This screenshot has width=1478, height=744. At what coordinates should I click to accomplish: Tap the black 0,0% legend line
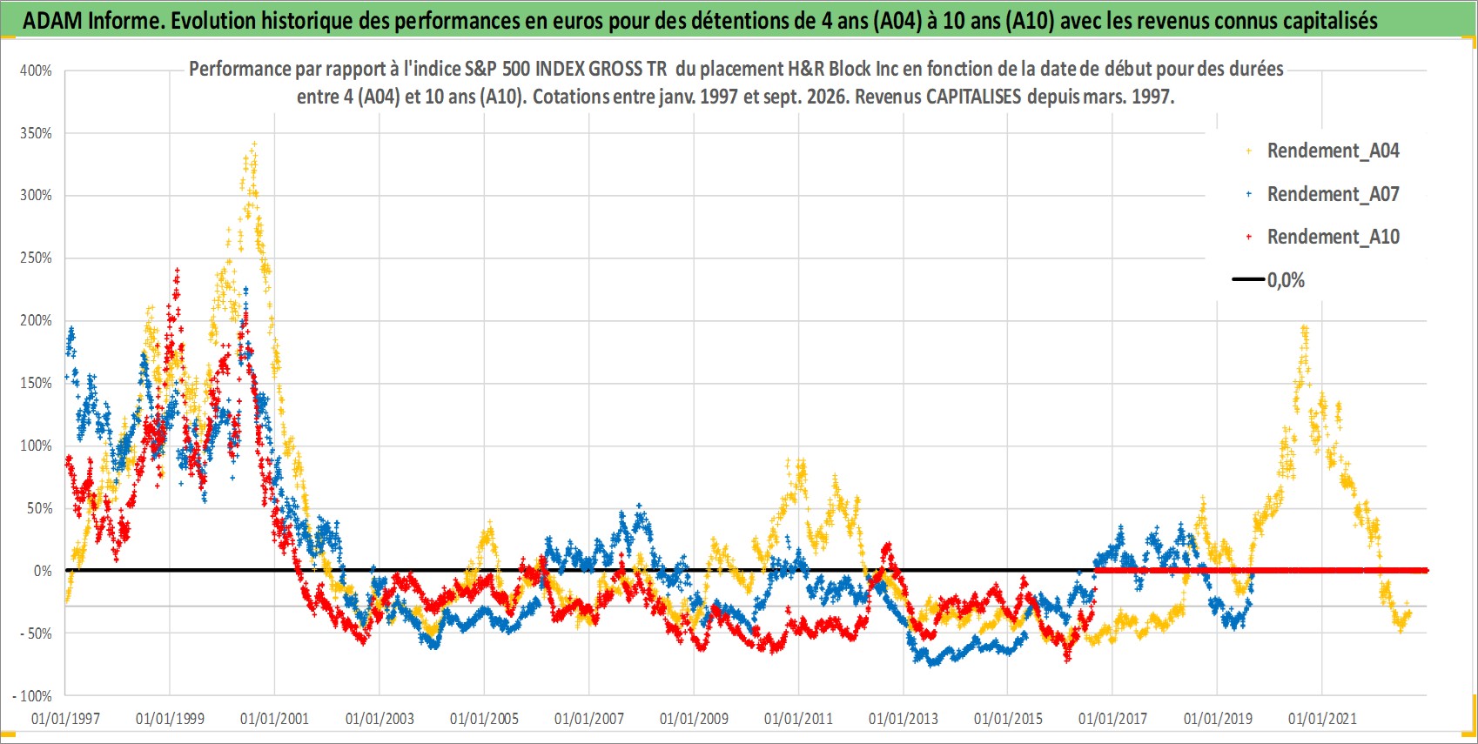tap(1247, 279)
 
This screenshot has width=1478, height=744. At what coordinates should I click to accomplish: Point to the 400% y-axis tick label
tap(36, 70)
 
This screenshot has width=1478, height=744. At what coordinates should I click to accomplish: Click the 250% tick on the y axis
tap(36, 258)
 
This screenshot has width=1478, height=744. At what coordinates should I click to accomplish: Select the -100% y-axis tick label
tap(31, 696)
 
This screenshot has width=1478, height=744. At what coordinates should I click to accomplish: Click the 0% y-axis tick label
tap(43, 571)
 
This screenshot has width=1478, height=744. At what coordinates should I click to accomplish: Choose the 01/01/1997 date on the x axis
tap(65, 719)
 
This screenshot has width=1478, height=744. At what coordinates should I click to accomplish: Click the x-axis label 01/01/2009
tap(694, 719)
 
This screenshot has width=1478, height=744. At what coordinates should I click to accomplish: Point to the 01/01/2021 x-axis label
tap(1322, 719)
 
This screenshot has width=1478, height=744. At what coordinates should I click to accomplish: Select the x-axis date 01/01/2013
tap(904, 719)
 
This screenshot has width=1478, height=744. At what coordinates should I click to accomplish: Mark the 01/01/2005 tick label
tap(484, 719)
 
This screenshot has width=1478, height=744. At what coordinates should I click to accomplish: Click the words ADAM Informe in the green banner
tap(93, 21)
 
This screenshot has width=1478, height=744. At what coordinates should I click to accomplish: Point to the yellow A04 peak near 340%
tap(255, 144)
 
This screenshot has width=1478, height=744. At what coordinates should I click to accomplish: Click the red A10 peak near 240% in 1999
tap(177, 270)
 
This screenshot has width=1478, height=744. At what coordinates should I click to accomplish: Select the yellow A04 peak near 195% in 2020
tap(1305, 328)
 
